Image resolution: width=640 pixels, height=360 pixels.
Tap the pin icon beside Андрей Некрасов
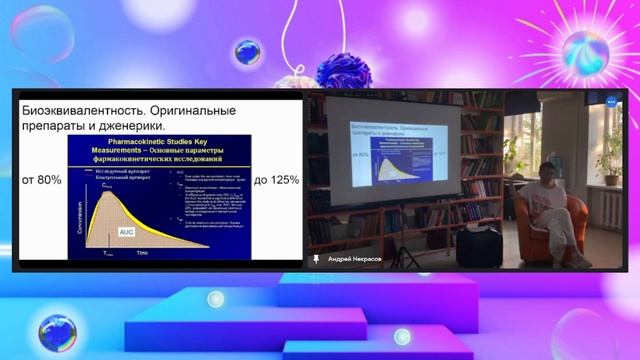[317, 258]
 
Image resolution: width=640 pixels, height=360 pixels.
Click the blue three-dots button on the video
[611, 101]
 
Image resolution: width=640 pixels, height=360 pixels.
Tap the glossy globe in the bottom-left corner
[55, 332]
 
